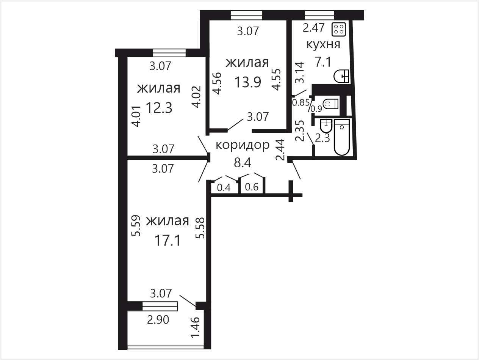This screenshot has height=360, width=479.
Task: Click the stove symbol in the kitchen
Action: pyautogui.click(x=339, y=29)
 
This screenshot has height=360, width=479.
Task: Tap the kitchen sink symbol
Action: pyautogui.click(x=341, y=76)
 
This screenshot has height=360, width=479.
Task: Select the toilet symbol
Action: pyautogui.click(x=330, y=104)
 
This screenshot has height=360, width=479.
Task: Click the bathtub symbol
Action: pyautogui.click(x=342, y=137)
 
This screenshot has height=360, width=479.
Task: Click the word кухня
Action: pyautogui.click(x=323, y=44)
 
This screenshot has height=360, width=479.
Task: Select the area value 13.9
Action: pyautogui.click(x=248, y=82)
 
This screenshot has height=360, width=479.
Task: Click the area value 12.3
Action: pyautogui.click(x=159, y=108)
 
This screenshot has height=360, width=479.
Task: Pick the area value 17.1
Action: pyautogui.click(x=167, y=241)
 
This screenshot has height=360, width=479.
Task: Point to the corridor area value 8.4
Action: pyautogui.click(x=243, y=162)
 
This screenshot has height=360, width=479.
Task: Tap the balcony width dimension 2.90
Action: pyautogui.click(x=158, y=320)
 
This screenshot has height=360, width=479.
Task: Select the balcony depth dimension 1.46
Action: pyautogui.click(x=195, y=327)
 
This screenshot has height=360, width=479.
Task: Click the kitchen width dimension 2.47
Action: pyautogui.click(x=314, y=28)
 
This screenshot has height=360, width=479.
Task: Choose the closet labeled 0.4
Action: pyautogui.click(x=224, y=187)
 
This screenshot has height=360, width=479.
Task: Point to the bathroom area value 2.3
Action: pyautogui.click(x=322, y=138)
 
